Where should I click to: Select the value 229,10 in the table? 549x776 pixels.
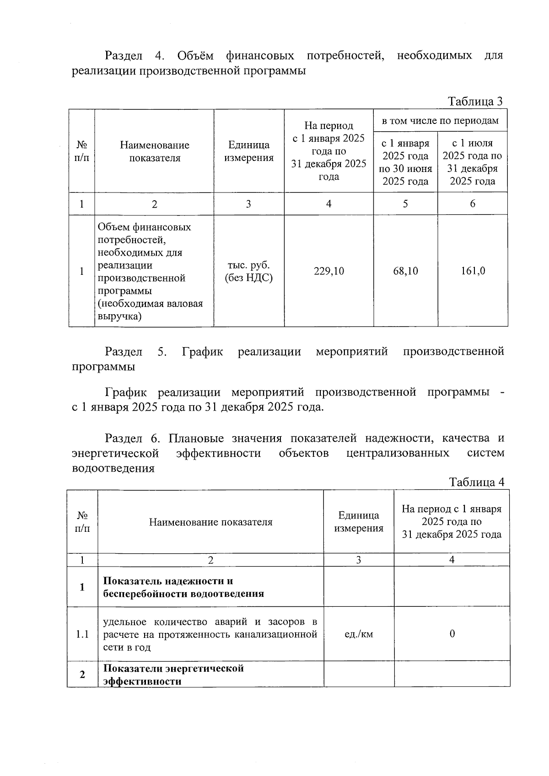tap(328, 271)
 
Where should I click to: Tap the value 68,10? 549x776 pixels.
tap(405, 271)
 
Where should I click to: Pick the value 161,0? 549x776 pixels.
tap(473, 271)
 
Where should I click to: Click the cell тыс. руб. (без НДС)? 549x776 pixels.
tap(248, 271)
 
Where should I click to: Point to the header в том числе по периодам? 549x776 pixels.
tap(440, 121)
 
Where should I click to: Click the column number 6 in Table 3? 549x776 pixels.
tap(473, 204)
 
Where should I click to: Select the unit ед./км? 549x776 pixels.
tap(359, 634)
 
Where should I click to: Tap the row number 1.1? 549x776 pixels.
tap(82, 634)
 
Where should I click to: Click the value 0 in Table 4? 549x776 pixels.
tap(452, 634)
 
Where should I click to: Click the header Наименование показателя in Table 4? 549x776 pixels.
tap(210, 522)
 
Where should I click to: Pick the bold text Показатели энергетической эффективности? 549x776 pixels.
tap(173, 674)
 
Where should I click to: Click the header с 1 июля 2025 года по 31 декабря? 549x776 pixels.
tap(473, 162)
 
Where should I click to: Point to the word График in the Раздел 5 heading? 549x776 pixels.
tap(202, 351)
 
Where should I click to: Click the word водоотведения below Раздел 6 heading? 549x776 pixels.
tap(113, 468)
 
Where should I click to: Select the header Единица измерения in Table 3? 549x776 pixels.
tap(248, 151)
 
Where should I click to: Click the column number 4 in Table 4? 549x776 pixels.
tap(452, 560)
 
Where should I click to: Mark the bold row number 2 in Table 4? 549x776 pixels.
tap(82, 674)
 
